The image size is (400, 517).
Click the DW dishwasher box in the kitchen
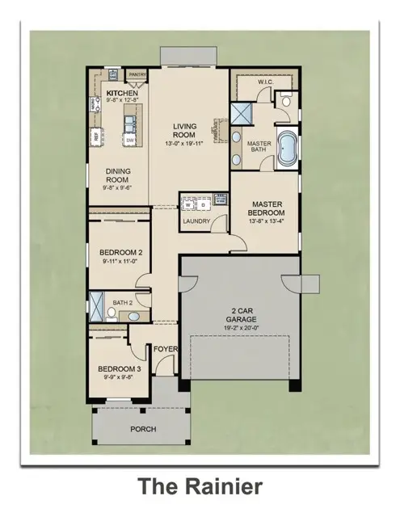tap(129, 140)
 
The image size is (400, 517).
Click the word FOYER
tap(166, 350)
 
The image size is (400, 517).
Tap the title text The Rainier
tap(199, 487)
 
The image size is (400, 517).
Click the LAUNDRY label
tap(196, 221)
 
